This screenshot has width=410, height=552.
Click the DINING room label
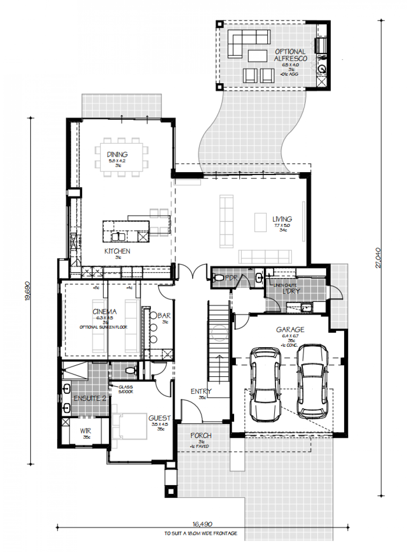point(117,155)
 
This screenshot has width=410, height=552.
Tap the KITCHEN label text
point(117,251)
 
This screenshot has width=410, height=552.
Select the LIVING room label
point(282,219)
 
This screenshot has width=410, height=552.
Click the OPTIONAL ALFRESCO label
point(290,55)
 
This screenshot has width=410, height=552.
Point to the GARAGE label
point(290,330)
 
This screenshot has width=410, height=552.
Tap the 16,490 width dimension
point(202,524)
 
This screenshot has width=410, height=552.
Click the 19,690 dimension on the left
point(27,291)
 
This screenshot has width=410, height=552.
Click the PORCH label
point(201,436)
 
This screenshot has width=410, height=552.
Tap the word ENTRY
point(201,392)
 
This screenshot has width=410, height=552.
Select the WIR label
point(85,431)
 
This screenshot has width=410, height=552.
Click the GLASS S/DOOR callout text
point(126,389)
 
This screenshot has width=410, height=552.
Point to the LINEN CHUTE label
point(285,285)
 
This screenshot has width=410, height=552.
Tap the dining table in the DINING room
point(121,157)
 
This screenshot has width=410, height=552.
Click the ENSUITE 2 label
point(89,399)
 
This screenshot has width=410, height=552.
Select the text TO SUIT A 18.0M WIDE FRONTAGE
point(201,533)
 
